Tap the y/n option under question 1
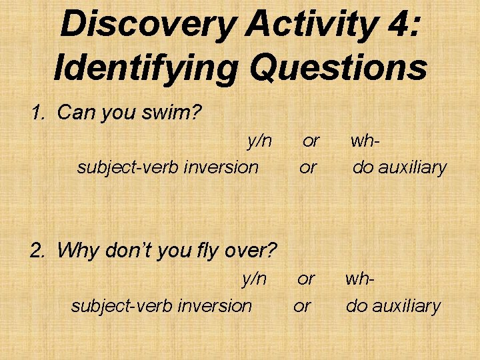pos(259,141)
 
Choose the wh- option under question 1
pos(365,141)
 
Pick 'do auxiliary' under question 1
pos(399,167)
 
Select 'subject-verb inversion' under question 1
pos(167,167)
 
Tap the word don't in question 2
pos(125,251)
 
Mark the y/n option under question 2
pos(253,279)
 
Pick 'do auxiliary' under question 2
pos(393,305)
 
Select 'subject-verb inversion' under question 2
pos(161,305)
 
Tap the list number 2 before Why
pos(37,251)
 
